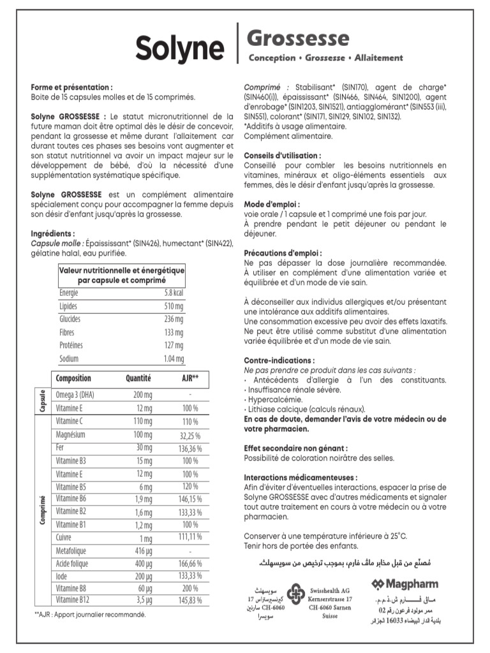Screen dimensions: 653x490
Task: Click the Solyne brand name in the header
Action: coord(179,48)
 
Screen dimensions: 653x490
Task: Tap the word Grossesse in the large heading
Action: coord(298,39)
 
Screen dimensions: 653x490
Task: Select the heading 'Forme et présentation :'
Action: coord(71,87)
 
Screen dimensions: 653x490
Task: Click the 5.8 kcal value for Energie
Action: coord(173,292)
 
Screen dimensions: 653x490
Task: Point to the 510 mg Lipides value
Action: coord(174,306)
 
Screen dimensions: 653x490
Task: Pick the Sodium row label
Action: coord(69,359)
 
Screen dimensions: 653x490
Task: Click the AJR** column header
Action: coord(190,378)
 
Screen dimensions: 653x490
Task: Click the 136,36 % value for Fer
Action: coord(189,448)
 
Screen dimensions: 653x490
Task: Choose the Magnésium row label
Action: coord(72,434)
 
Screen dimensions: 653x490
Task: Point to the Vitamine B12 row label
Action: coord(73,601)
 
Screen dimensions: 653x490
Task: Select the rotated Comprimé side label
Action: coord(42,510)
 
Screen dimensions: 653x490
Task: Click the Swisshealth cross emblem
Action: coord(295,595)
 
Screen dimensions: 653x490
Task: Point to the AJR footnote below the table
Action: coord(90,615)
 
